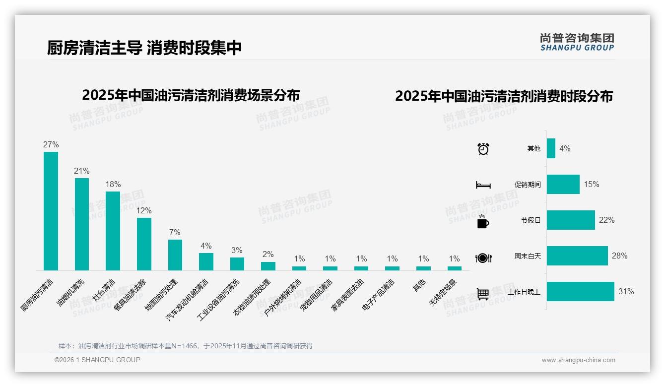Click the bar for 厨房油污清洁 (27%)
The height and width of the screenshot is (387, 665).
(x=51, y=211)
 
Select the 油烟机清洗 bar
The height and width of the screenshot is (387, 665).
(x=82, y=224)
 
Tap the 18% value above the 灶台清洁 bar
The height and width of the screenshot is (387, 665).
(x=113, y=184)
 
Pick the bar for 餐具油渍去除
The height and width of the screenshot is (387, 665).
(x=144, y=244)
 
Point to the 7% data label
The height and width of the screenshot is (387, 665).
(x=175, y=232)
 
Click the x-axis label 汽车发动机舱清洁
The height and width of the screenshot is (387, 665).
(x=188, y=300)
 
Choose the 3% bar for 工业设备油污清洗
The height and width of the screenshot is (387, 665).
(x=237, y=264)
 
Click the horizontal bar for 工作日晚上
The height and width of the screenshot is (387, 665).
(x=580, y=292)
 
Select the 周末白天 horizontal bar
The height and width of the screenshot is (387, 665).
(x=577, y=256)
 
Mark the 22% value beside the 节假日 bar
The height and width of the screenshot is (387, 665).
(x=606, y=220)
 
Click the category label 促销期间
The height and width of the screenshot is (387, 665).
(x=528, y=185)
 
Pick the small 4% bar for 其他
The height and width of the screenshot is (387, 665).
(x=551, y=148)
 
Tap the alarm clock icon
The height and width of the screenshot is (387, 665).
(x=483, y=148)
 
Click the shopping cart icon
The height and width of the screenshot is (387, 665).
(x=483, y=294)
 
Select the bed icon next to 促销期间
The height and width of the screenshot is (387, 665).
(x=483, y=185)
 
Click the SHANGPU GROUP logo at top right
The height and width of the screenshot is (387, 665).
(x=577, y=42)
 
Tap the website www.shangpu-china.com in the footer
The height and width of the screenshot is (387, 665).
(x=578, y=360)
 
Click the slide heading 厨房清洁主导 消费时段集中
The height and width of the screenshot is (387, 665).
(x=144, y=48)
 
